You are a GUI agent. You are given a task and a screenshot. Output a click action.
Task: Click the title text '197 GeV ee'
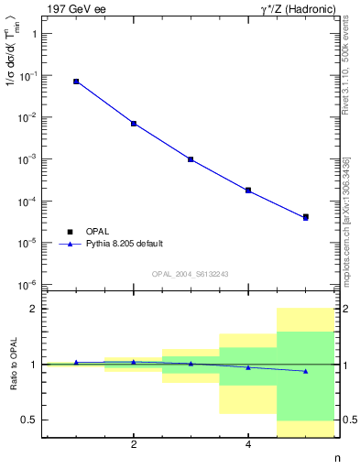coord(76,8)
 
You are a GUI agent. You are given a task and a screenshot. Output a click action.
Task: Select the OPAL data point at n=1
coord(76,82)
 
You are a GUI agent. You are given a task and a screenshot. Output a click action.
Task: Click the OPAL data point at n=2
coord(134,124)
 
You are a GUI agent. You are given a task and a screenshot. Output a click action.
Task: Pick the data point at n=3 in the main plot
coord(191,159)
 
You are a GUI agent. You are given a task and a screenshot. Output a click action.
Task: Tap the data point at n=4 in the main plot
coord(248,191)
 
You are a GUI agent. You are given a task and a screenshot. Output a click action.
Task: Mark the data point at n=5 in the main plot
coord(306,217)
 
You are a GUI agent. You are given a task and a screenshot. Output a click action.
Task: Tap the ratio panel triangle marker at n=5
coord(306,371)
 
